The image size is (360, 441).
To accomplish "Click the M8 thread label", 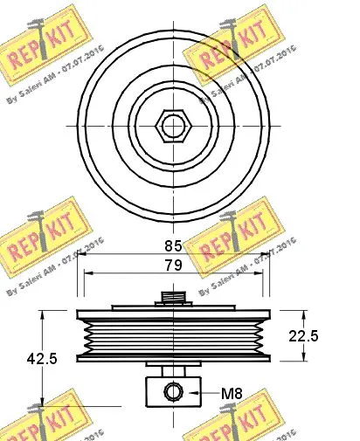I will coord(232,393).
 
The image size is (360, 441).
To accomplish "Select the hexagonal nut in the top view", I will coord(173,126).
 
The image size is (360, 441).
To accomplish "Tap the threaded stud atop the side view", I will coord(173,298).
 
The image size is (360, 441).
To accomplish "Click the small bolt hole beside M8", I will coord(174,392).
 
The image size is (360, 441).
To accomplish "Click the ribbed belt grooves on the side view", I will coord(173,337).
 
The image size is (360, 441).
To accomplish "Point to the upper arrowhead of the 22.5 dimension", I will coord(302,314).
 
